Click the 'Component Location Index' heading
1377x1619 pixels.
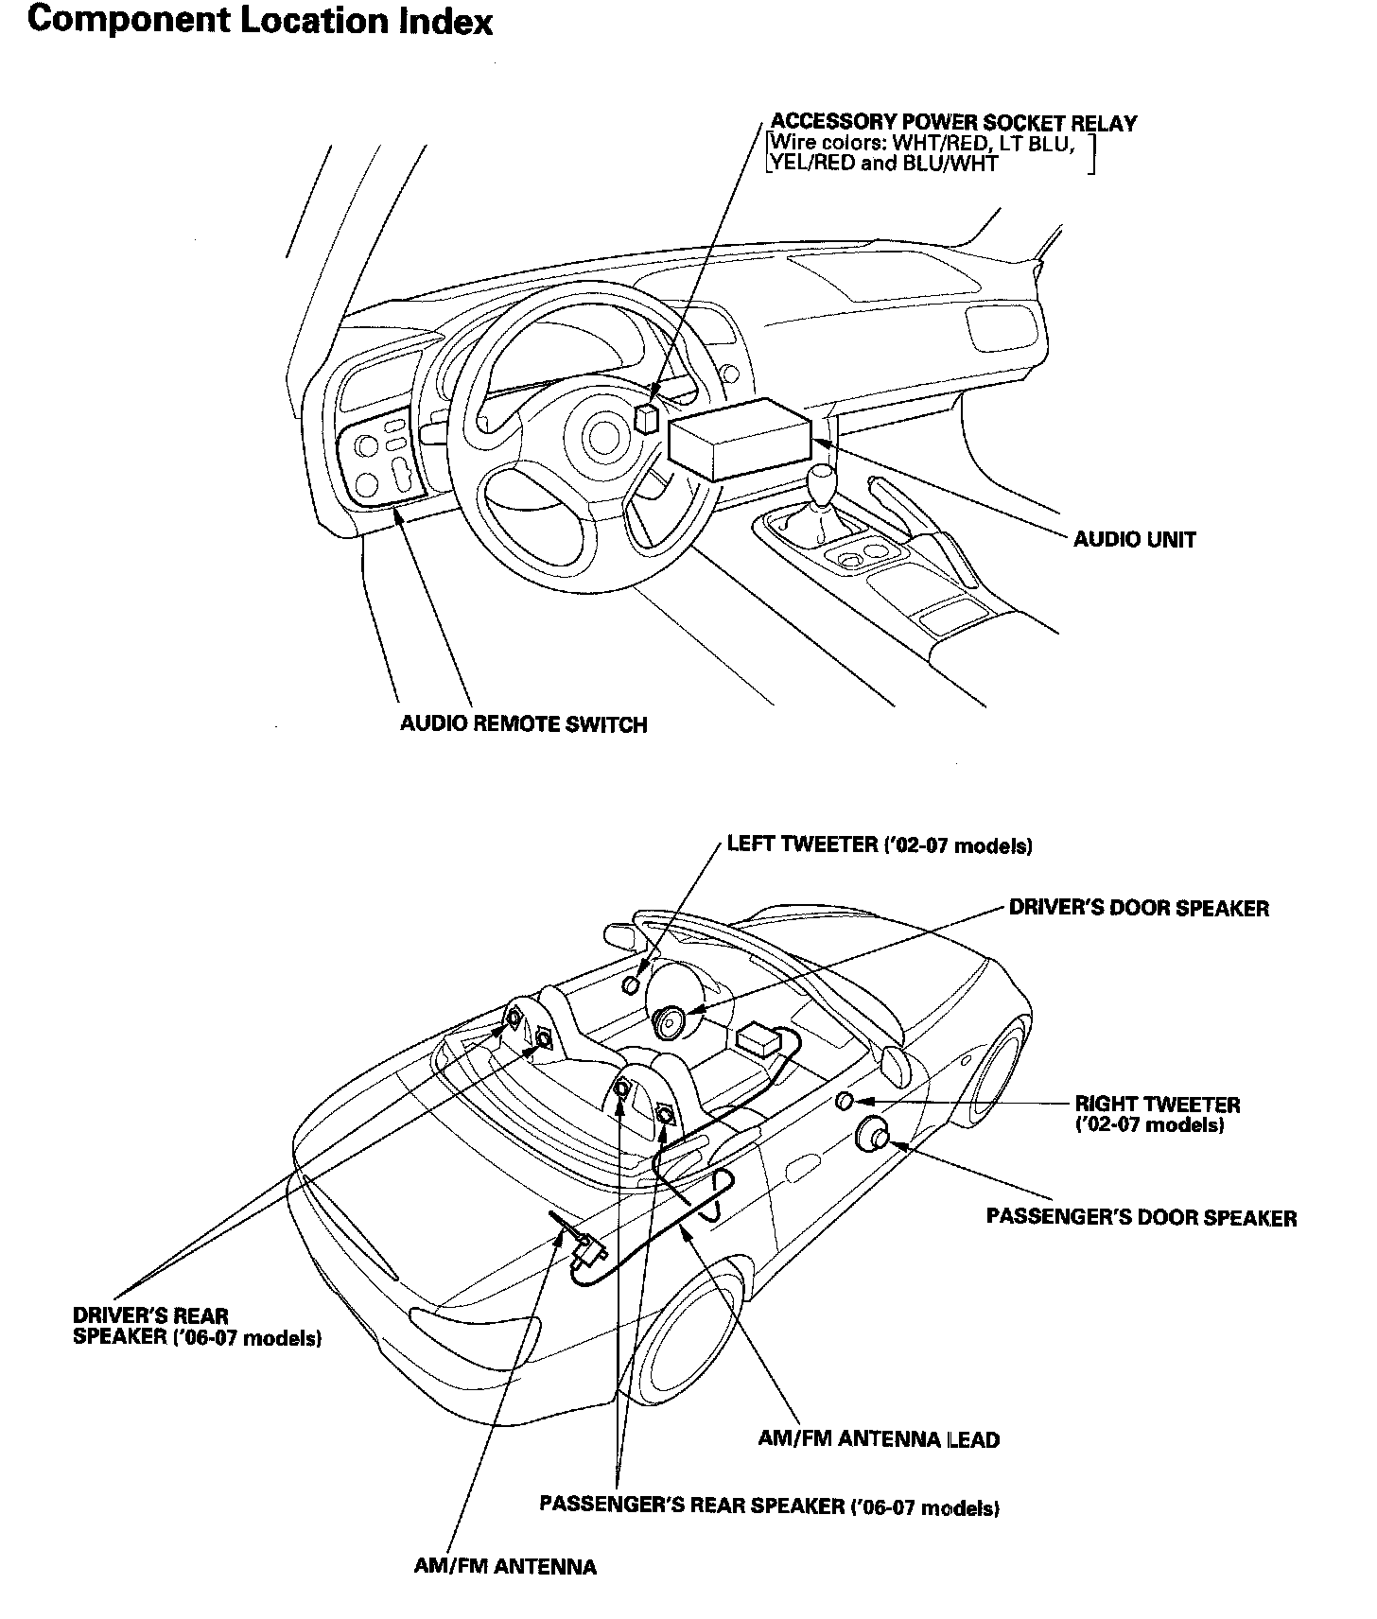[x=260, y=21]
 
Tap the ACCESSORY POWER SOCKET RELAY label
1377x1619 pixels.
[x=954, y=123]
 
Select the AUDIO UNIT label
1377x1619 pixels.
[x=1134, y=540]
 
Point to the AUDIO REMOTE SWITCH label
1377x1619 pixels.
[x=523, y=725]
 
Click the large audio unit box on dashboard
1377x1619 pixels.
[x=740, y=440]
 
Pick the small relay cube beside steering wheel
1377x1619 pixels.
[x=648, y=417]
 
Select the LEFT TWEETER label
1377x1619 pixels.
[x=879, y=845]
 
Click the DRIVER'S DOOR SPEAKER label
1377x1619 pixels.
[x=1139, y=909]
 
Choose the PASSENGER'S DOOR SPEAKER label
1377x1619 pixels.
[x=1142, y=1217]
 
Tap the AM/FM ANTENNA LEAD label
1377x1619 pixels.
[x=879, y=1439]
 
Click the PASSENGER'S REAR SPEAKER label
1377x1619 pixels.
[x=769, y=1506]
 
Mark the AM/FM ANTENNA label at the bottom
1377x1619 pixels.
[x=505, y=1567]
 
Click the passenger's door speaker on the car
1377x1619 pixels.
[x=871, y=1135]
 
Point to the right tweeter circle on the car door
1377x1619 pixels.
[x=845, y=1101]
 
